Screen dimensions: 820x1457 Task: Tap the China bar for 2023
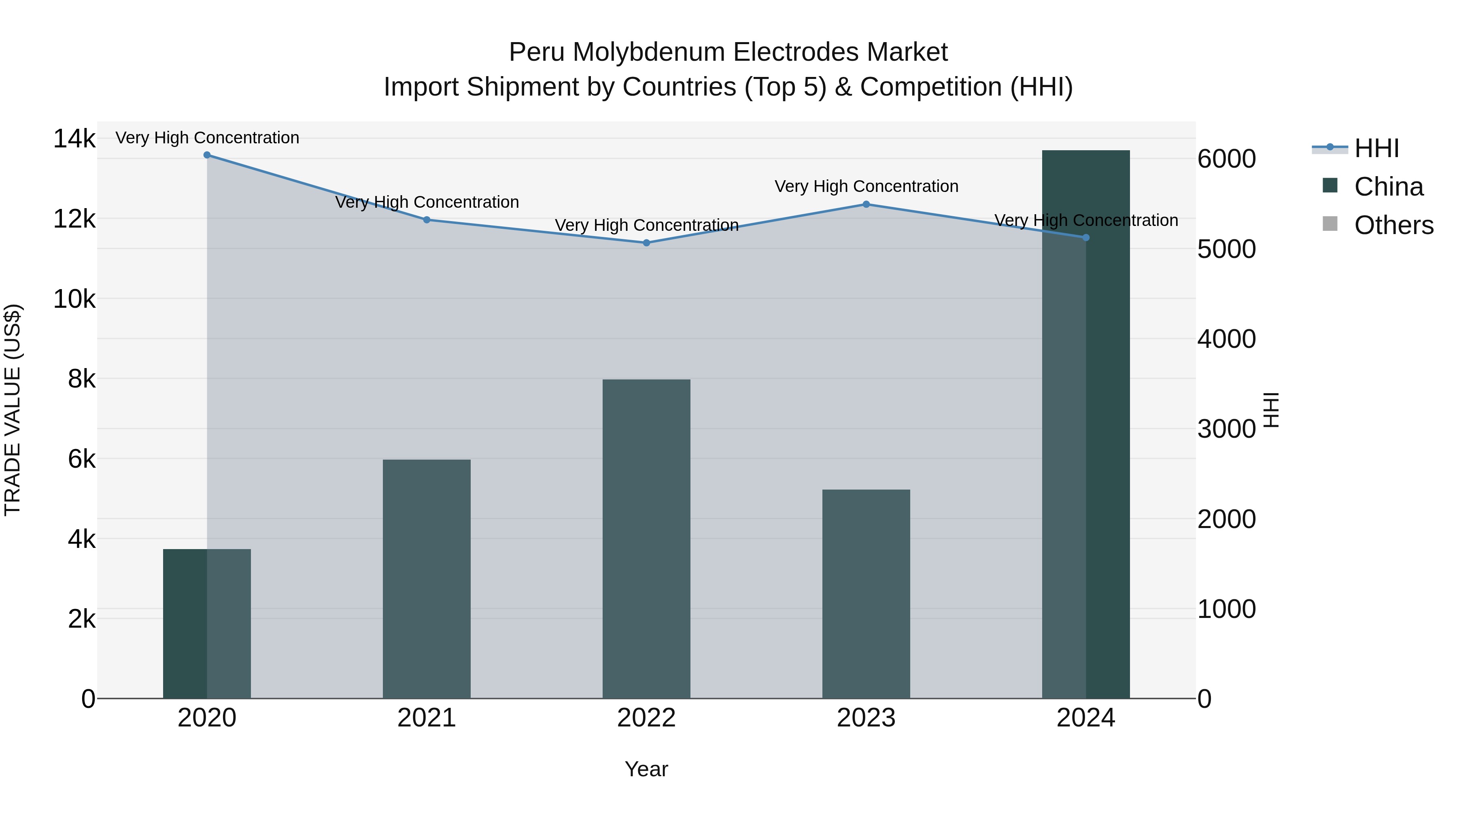(866, 594)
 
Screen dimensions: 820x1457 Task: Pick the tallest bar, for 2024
(1085, 424)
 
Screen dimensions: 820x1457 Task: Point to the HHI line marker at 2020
(207, 155)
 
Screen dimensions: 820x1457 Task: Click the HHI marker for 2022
(646, 243)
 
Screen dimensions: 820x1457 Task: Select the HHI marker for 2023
(866, 204)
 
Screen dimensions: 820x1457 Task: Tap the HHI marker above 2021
(427, 219)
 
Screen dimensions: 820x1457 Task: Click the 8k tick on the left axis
(81, 379)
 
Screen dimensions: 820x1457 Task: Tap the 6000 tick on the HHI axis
(1226, 159)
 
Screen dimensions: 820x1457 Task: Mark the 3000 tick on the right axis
(1226, 429)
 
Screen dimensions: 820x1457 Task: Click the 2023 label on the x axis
(866, 718)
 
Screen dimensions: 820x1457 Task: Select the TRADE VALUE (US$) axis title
(13, 410)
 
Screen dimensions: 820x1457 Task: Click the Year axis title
(646, 769)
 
